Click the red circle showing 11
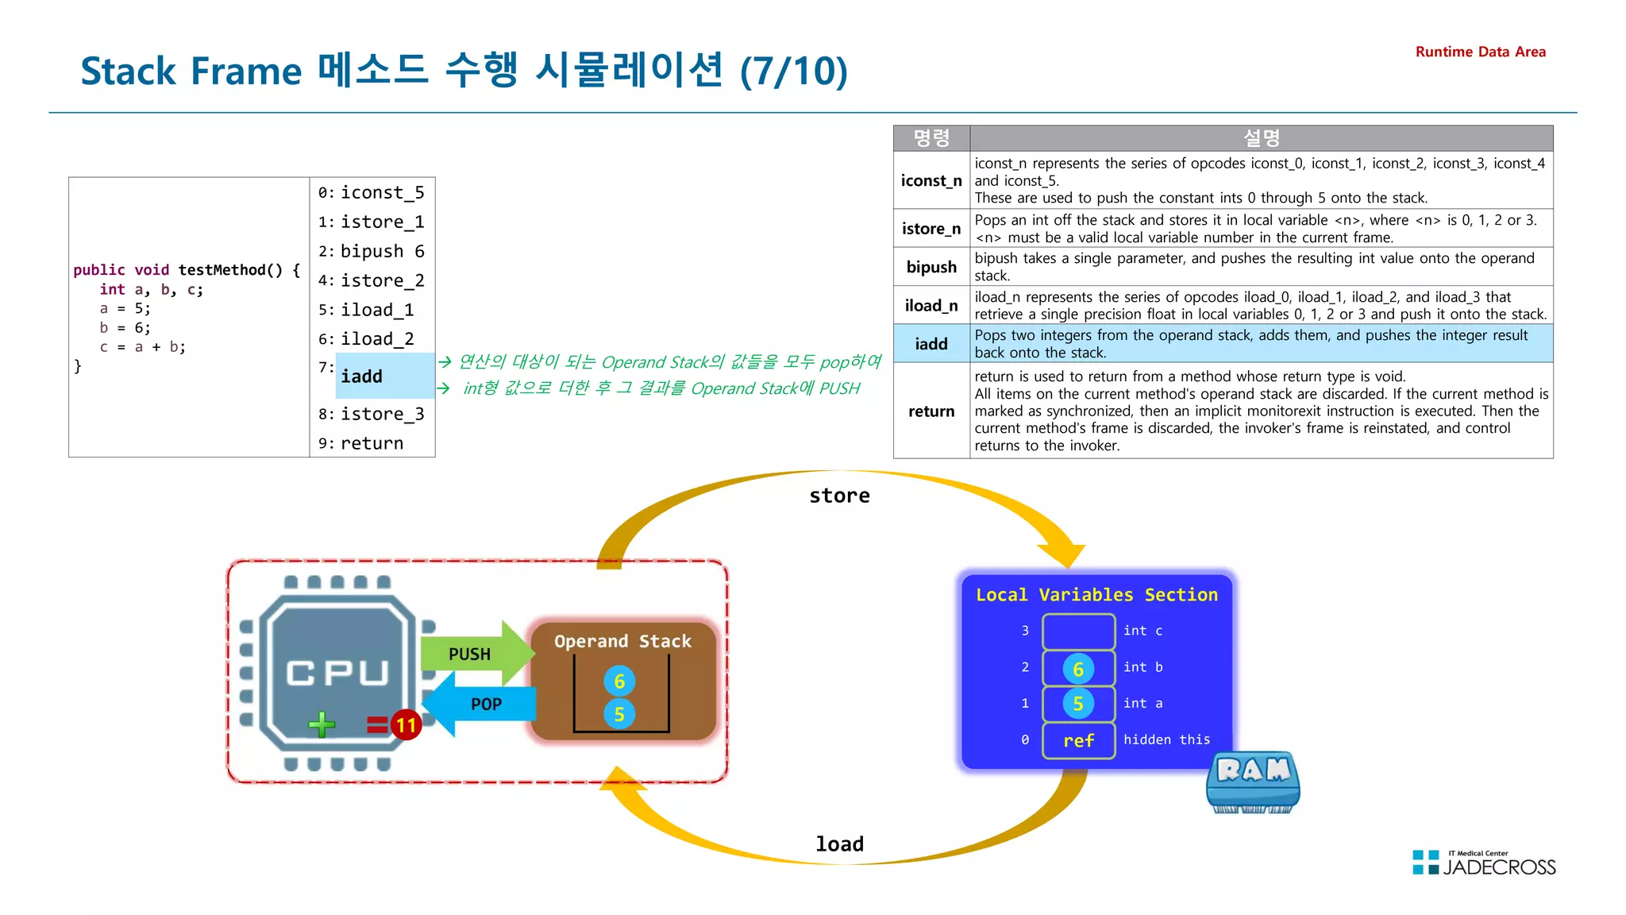406,724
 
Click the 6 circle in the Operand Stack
619,681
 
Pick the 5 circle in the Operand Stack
619,714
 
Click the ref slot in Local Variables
1078,740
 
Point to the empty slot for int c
1078,631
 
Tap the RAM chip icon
1253,782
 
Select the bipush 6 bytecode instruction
382,251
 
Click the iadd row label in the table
931,344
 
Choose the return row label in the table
931,411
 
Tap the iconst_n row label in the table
931,181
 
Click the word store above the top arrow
839,496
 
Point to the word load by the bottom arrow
839,844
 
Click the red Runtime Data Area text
1480,52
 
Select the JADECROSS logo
1484,863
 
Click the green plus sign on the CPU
322,724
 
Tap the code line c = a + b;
142,347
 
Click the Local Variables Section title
1096,595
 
